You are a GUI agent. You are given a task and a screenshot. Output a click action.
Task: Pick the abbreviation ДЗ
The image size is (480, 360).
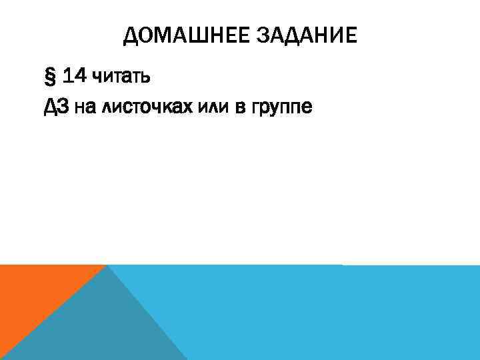[55, 106]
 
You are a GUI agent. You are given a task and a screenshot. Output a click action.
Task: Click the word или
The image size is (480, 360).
[213, 107]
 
